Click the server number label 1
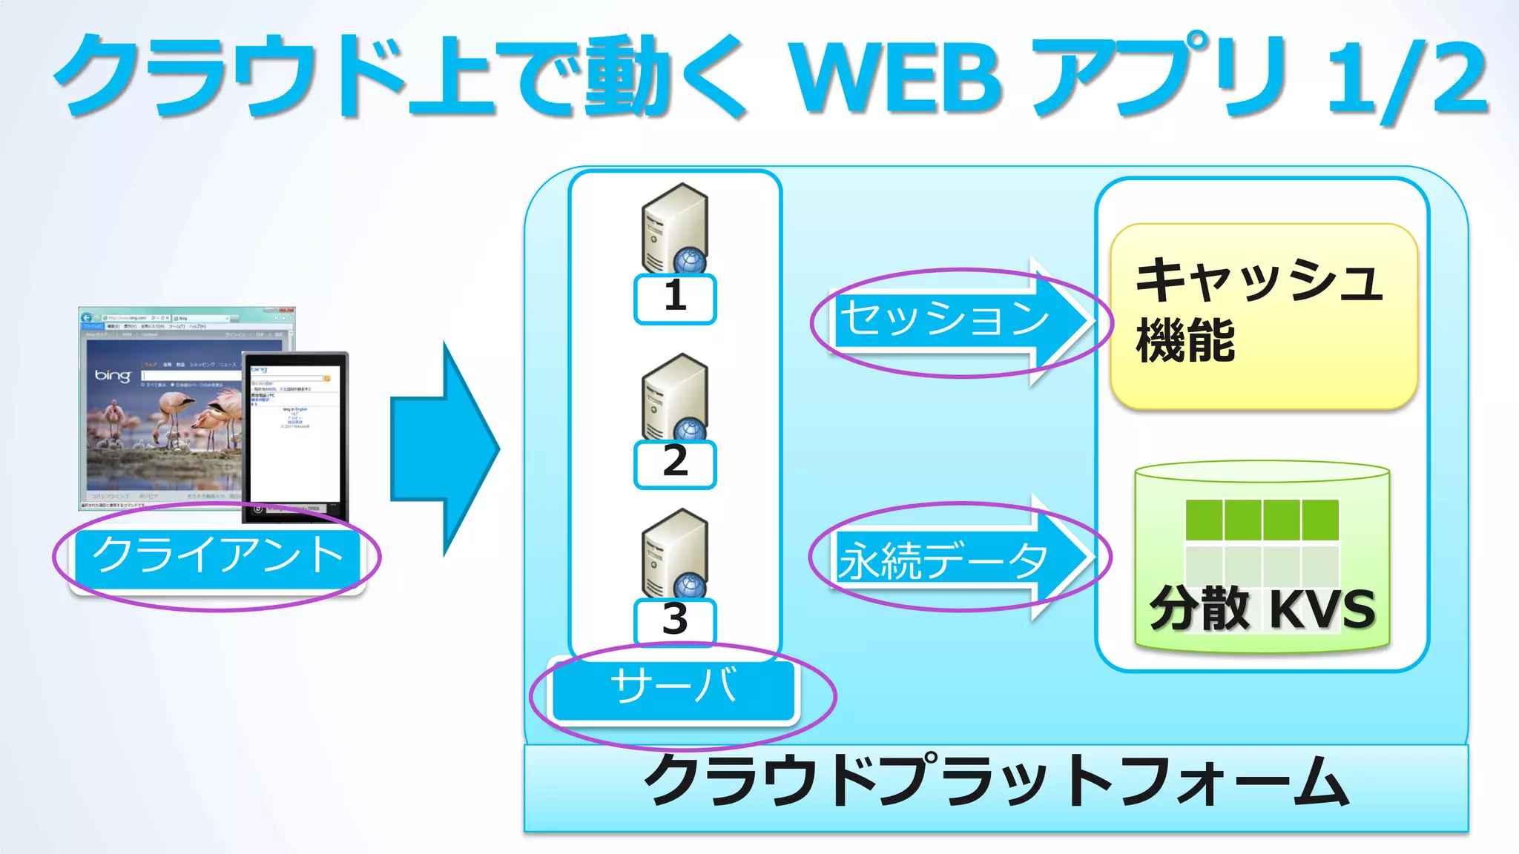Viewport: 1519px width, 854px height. (x=675, y=298)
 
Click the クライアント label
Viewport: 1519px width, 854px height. (x=217, y=556)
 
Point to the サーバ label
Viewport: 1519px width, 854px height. (x=673, y=688)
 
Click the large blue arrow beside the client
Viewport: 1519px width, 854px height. (x=445, y=448)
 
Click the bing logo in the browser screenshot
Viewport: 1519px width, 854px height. (x=113, y=376)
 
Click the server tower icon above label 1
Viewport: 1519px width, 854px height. (x=674, y=226)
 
